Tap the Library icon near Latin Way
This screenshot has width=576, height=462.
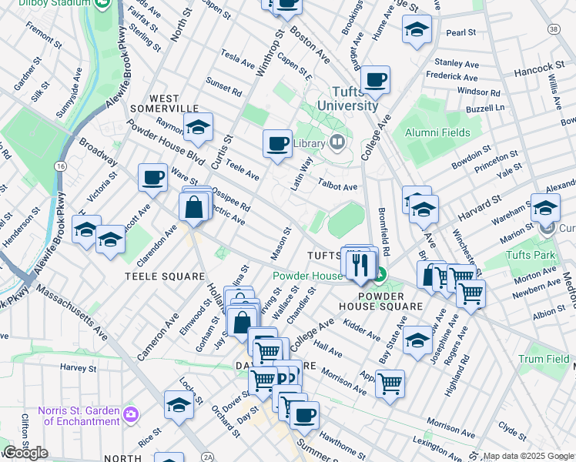[337, 142]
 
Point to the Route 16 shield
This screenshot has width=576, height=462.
[59, 166]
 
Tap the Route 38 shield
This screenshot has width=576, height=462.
[553, 28]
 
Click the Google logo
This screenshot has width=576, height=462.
[26, 452]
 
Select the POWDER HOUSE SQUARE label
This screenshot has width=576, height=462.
[390, 300]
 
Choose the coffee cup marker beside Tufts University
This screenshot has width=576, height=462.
[375, 79]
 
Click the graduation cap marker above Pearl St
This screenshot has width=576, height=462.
[417, 31]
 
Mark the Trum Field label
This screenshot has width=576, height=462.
[544, 359]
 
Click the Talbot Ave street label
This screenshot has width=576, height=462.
[337, 186]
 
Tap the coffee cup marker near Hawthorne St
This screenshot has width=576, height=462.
[304, 417]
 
